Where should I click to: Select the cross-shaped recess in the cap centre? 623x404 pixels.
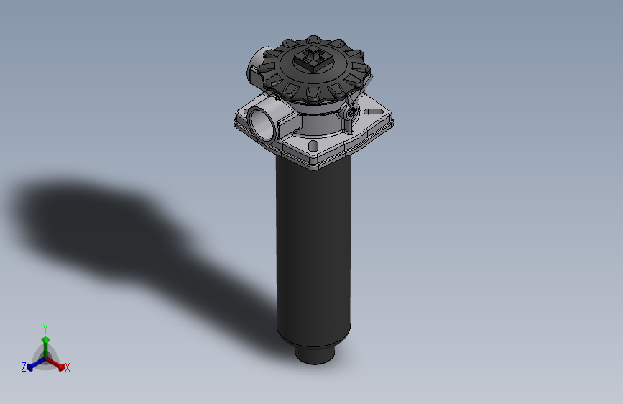pyautogui.click(x=314, y=55)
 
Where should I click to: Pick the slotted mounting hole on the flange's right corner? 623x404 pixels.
pyautogui.click(x=373, y=112)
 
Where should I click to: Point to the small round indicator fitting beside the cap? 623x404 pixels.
pyautogui.click(x=350, y=114)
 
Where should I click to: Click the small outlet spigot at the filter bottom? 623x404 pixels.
pyautogui.click(x=315, y=354)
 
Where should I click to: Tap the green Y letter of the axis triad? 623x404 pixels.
pyautogui.click(x=45, y=328)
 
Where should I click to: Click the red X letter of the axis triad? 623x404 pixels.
pyautogui.click(x=68, y=368)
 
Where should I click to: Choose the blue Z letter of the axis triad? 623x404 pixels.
pyautogui.click(x=24, y=367)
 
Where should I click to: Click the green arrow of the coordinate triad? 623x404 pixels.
pyautogui.click(x=45, y=341)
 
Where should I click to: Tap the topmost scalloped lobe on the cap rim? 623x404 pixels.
pyautogui.click(x=313, y=39)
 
